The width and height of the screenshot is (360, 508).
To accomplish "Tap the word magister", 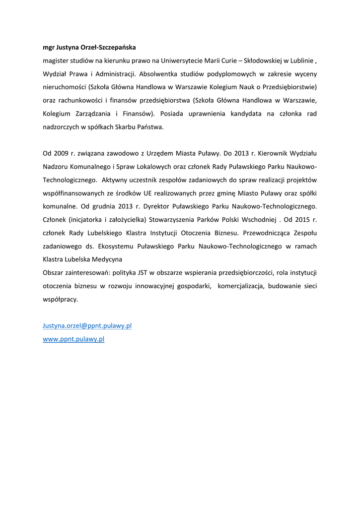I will [x=57, y=61].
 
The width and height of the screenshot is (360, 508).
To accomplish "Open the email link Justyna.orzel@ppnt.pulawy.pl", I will [x=87, y=325].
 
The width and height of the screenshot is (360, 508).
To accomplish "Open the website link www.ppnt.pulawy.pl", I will [x=73, y=339].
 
